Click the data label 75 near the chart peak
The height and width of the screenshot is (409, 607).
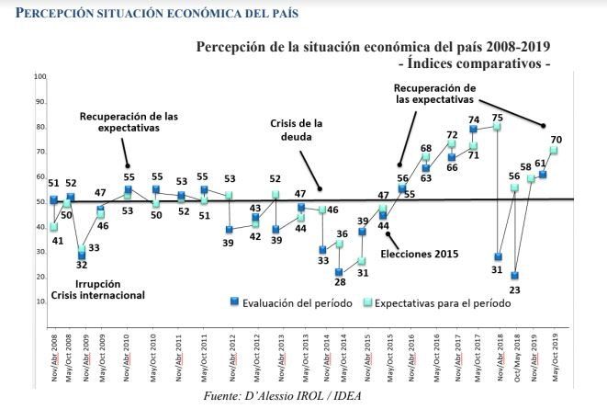coord(498,118)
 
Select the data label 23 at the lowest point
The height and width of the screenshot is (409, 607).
coord(515,290)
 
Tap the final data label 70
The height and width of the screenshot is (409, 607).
coord(556,141)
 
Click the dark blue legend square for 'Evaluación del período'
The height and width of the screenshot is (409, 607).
coord(234,302)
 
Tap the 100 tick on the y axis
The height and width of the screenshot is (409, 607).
coord(39,76)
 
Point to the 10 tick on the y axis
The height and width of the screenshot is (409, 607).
coord(40,301)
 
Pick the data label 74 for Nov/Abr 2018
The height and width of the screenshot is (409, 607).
coord(474,119)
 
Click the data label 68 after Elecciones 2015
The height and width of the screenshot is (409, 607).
coord(426,147)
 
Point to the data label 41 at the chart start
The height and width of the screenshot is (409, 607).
coord(57,240)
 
